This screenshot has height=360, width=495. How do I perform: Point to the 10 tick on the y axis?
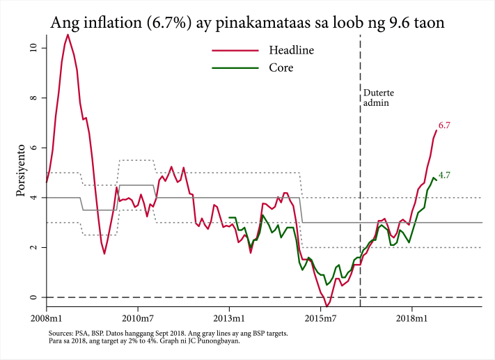pos(33,48)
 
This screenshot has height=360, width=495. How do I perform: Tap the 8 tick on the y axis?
pos(33,98)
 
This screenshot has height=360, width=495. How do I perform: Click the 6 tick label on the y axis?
pos(33,148)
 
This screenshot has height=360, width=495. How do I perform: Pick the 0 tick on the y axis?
pos(33,298)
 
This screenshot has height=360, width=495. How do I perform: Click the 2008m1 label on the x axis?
pos(46,318)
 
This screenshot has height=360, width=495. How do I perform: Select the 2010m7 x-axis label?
pos(138,318)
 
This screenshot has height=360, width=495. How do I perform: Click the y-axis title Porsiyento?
pos(20,170)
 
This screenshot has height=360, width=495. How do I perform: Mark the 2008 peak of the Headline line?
pos(68,35)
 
